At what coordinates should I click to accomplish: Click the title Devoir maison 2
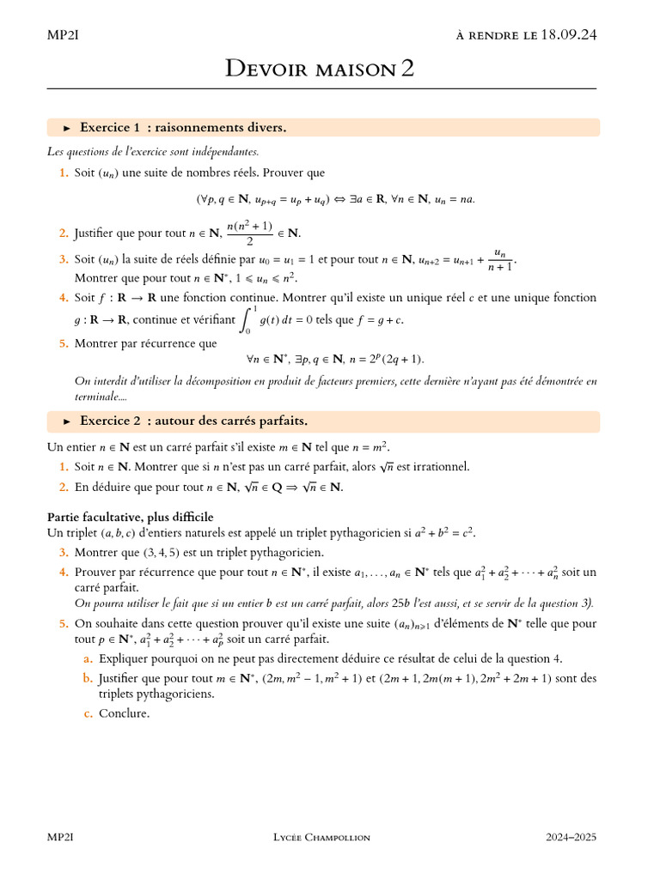pyautogui.click(x=320, y=69)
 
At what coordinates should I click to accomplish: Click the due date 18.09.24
pyautogui.click(x=568, y=35)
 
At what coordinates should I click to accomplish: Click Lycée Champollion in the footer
pyautogui.click(x=321, y=837)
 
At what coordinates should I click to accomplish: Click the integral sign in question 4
pyautogui.click(x=247, y=320)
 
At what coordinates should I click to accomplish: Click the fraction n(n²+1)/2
pyautogui.click(x=248, y=233)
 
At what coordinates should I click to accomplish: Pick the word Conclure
pyautogui.click(x=124, y=713)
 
